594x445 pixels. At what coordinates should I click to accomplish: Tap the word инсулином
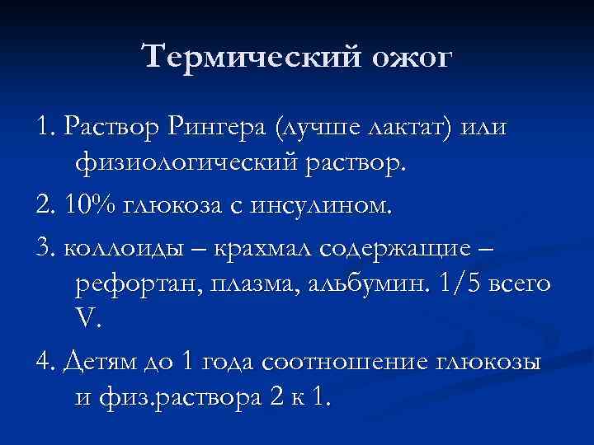329,205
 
